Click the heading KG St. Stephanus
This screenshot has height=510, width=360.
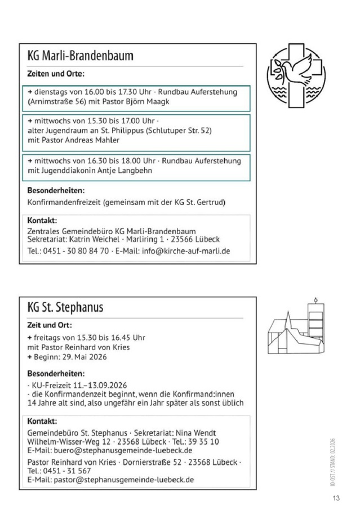(65, 308)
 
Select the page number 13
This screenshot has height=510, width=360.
(336, 498)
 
